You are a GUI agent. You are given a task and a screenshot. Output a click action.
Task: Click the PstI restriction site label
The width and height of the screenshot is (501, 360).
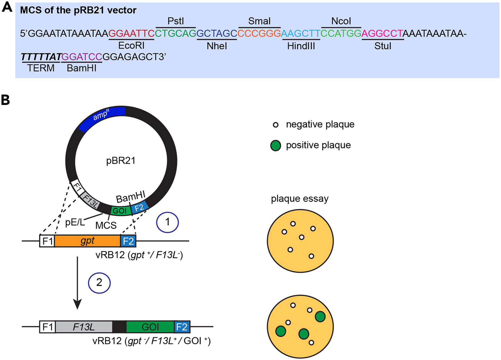click(x=176, y=21)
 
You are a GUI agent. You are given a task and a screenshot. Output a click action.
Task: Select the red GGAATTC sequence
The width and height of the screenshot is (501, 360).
click(x=131, y=33)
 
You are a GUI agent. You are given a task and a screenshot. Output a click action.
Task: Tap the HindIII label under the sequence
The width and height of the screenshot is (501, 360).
click(x=301, y=46)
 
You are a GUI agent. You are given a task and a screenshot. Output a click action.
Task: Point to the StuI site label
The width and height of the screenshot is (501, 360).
click(x=383, y=46)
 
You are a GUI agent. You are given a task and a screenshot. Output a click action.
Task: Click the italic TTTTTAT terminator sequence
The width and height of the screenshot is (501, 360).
click(x=41, y=57)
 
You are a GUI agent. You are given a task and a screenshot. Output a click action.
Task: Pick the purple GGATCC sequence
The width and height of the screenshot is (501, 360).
click(x=82, y=57)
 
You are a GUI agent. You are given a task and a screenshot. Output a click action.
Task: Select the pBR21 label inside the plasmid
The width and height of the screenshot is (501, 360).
click(x=120, y=160)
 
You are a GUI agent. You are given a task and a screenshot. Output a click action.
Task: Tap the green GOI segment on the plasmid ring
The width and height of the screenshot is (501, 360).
click(x=120, y=210)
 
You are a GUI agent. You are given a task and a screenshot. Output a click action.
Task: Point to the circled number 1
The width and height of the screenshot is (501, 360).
click(x=167, y=222)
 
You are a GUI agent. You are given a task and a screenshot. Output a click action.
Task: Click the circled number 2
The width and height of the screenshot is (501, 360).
click(x=99, y=283)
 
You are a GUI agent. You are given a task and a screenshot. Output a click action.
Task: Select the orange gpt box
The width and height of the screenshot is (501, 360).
click(x=87, y=241)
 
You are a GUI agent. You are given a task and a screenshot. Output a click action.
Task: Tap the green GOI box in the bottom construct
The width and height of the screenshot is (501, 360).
click(x=150, y=327)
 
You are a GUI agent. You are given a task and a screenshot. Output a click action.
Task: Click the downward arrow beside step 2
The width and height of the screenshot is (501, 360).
click(x=78, y=282)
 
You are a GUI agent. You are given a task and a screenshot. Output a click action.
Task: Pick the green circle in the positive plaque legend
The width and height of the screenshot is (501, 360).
click(x=275, y=146)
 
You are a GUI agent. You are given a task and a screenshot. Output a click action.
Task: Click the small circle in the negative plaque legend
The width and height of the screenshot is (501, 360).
click(x=275, y=125)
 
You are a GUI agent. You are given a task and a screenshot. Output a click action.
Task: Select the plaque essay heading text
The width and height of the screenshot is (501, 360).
click(x=299, y=199)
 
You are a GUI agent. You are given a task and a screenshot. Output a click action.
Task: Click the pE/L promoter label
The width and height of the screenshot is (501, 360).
click(x=75, y=222)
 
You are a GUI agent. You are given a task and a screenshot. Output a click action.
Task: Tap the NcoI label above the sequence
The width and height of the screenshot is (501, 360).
click(x=341, y=21)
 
